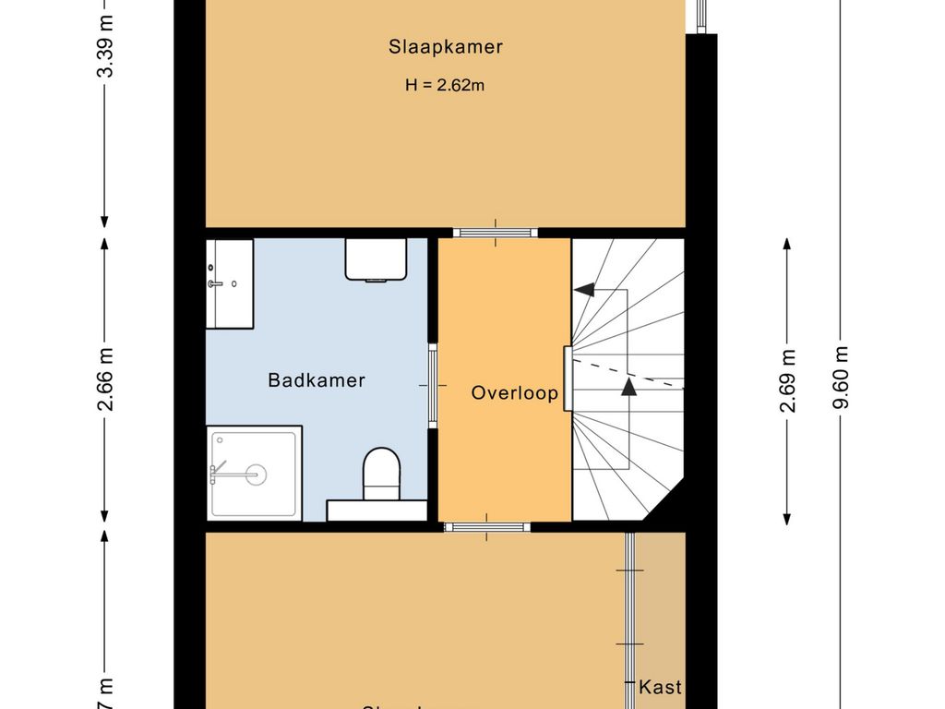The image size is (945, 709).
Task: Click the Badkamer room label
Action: [317, 380]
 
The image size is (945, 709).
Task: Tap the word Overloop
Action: [515, 392]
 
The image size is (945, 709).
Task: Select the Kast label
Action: [661, 687]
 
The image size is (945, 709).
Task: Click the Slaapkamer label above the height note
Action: [445, 47]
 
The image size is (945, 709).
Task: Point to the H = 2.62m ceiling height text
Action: [445, 85]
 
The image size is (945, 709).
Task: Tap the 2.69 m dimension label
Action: [787, 379]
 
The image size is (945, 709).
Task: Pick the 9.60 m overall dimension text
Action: [841, 379]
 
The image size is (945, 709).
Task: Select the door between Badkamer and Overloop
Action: [433, 385]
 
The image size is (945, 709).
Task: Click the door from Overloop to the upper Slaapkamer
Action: [495, 232]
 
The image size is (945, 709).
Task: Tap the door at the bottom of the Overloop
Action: [486, 527]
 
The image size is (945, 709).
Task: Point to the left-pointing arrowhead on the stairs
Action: [583, 290]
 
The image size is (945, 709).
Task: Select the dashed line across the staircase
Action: [628, 374]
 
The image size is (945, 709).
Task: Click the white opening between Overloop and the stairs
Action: [568, 379]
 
